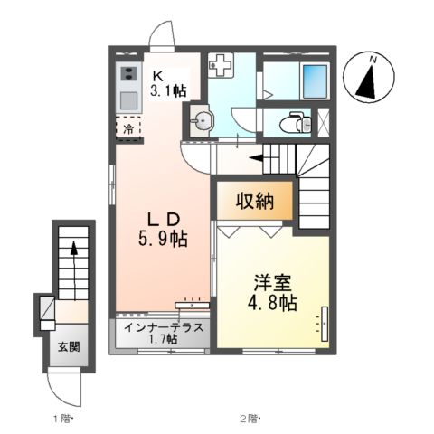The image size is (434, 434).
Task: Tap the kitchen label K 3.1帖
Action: pyautogui.click(x=168, y=84)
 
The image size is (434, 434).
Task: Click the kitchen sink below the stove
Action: pyautogui.click(x=127, y=98)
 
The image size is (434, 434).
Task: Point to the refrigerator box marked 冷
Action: pyautogui.click(x=128, y=128)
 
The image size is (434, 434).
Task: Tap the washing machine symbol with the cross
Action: pyautogui.click(x=221, y=65)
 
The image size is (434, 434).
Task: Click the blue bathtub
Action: pyautogui.click(x=315, y=80)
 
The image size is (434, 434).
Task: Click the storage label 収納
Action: pyautogui.click(x=254, y=201)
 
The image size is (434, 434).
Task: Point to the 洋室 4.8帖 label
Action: pyautogui.click(x=274, y=290)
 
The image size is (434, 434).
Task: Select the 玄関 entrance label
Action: pyautogui.click(x=69, y=347)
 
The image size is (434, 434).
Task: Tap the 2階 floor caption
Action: pyautogui.click(x=250, y=419)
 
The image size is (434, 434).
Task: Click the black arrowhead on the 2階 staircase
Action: pyautogui.click(x=257, y=157)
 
